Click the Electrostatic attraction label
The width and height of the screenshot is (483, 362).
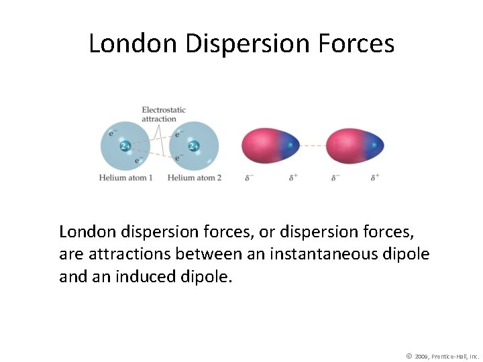[x=163, y=114]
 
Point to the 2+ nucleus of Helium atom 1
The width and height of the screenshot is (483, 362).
[x=125, y=145]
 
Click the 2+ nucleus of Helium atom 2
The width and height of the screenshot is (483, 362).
[x=194, y=145]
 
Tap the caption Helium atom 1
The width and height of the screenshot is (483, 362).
[x=125, y=178]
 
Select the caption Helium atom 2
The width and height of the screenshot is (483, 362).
[x=195, y=178]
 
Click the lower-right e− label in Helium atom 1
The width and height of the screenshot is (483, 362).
[x=138, y=160]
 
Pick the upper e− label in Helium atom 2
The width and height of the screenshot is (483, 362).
[x=179, y=134]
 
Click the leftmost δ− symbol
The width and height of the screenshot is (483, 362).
[x=250, y=178]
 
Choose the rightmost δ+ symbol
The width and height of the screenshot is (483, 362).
[x=375, y=178]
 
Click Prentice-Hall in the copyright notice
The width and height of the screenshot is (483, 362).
[x=451, y=356]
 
